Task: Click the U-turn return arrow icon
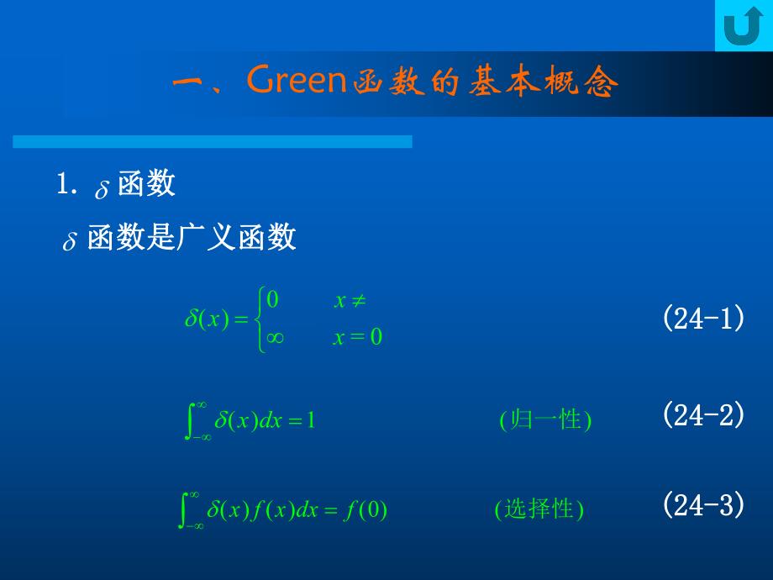pos(742,26)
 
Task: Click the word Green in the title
pos(297,82)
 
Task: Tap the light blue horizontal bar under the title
pos(212,142)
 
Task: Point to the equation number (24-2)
pos(703,414)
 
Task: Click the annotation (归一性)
pos(545,419)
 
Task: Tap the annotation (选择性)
pos(539,509)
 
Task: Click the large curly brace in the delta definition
pos(260,319)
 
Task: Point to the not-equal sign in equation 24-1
pos(357,300)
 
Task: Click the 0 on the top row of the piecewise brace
pos(272,300)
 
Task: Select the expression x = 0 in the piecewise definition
pos(357,339)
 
